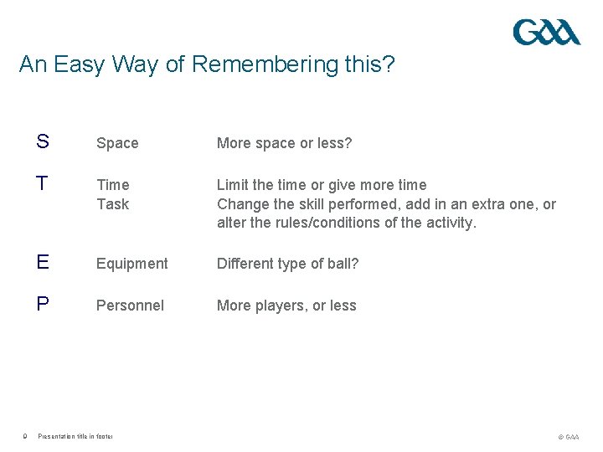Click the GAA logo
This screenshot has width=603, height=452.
tap(546, 33)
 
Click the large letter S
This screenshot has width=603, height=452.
tap(42, 142)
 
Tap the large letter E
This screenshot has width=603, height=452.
tap(42, 263)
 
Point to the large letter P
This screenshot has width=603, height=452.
tap(42, 305)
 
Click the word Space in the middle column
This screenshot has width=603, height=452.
tap(117, 143)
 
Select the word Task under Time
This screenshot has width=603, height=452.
tap(112, 203)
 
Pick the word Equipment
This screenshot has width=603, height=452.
tap(131, 264)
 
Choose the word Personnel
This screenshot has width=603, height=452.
tap(130, 306)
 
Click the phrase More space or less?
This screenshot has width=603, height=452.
tap(284, 143)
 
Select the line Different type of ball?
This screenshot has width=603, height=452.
tap(287, 264)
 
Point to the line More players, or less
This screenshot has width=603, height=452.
tap(286, 306)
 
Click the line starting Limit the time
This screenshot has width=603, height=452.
tap(322, 185)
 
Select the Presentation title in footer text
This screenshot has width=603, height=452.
tap(75, 436)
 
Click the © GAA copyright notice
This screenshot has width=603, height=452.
tap(568, 437)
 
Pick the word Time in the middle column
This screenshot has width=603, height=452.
tap(112, 185)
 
